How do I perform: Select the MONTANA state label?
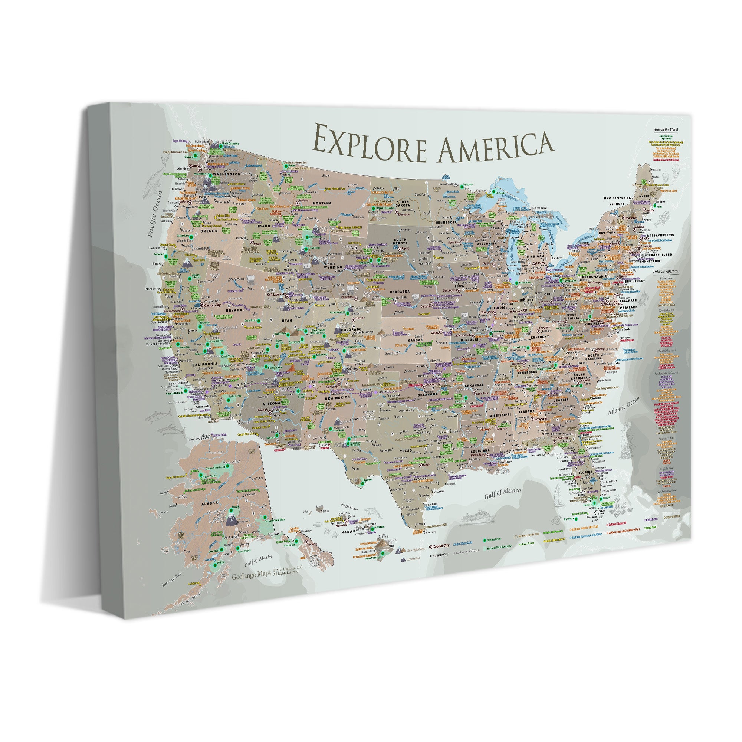tap(322, 203)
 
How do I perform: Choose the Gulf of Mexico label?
tap(502, 493)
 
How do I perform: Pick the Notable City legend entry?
tap(440, 555)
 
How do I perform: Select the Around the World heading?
tap(666, 130)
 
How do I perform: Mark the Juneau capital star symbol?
tap(306, 542)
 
